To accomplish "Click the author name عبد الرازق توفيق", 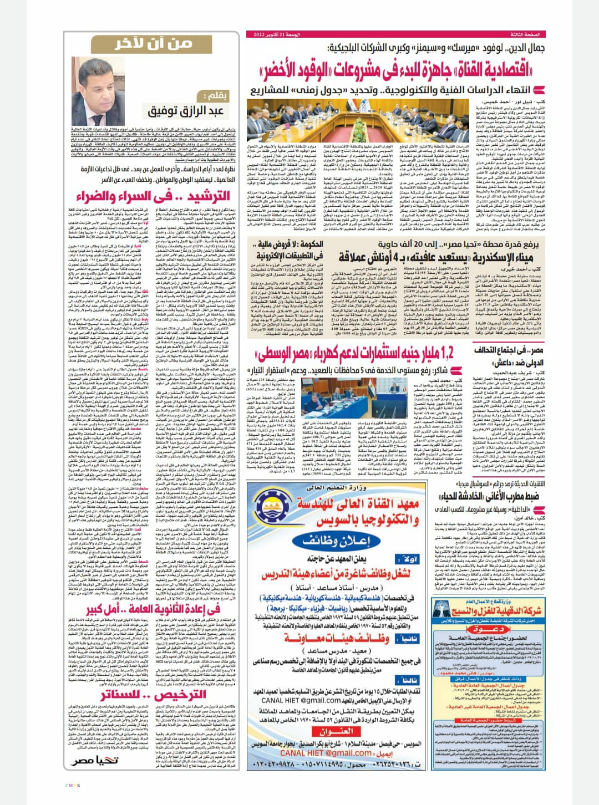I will [185, 111].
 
